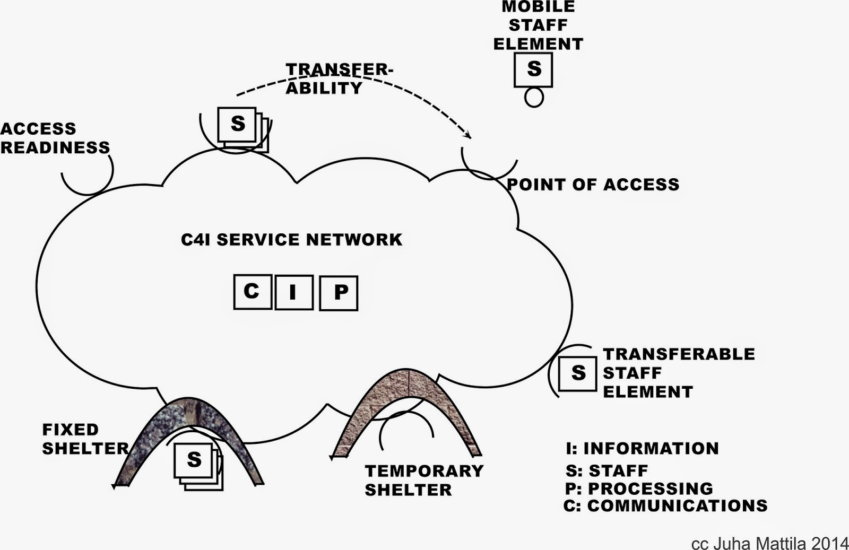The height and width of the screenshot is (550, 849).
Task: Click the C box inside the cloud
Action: (x=253, y=292)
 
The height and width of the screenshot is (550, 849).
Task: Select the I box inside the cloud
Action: (x=293, y=292)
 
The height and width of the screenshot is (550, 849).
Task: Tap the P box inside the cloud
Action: (x=339, y=293)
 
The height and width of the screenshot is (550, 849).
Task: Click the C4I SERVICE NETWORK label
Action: (x=291, y=240)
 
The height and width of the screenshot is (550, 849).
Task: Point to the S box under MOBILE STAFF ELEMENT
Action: (x=533, y=69)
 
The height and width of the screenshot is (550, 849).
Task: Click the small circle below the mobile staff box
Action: (x=534, y=98)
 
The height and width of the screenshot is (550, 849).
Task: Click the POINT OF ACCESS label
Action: (x=593, y=185)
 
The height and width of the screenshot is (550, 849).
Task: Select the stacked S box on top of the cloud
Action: (x=238, y=125)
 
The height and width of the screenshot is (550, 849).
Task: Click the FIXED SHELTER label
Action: (x=85, y=439)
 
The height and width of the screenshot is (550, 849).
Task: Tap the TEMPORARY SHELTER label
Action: (x=423, y=480)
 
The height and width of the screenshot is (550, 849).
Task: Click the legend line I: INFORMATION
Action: (x=642, y=449)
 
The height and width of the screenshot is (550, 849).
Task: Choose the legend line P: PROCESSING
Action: (x=639, y=488)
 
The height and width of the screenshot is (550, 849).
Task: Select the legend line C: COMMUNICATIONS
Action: (x=665, y=506)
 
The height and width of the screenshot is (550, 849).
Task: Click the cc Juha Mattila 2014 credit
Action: (x=769, y=543)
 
